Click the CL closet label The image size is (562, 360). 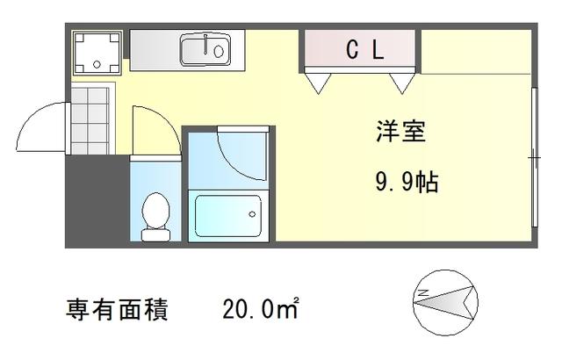click(x=365, y=49)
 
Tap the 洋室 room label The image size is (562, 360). click(x=400, y=132)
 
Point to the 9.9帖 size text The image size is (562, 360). click(x=407, y=182)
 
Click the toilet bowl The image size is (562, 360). click(x=155, y=217)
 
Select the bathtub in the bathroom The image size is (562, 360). click(x=228, y=216)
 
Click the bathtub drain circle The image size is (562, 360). click(x=252, y=214)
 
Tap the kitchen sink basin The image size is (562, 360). click(x=205, y=50)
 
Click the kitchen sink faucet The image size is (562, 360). click(x=205, y=45)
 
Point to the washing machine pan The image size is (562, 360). click(x=97, y=53)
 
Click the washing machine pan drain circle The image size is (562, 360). click(x=97, y=64)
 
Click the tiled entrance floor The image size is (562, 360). click(x=90, y=120)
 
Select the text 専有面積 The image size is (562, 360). click(x=117, y=309)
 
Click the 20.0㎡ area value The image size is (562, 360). click(x=261, y=309)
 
